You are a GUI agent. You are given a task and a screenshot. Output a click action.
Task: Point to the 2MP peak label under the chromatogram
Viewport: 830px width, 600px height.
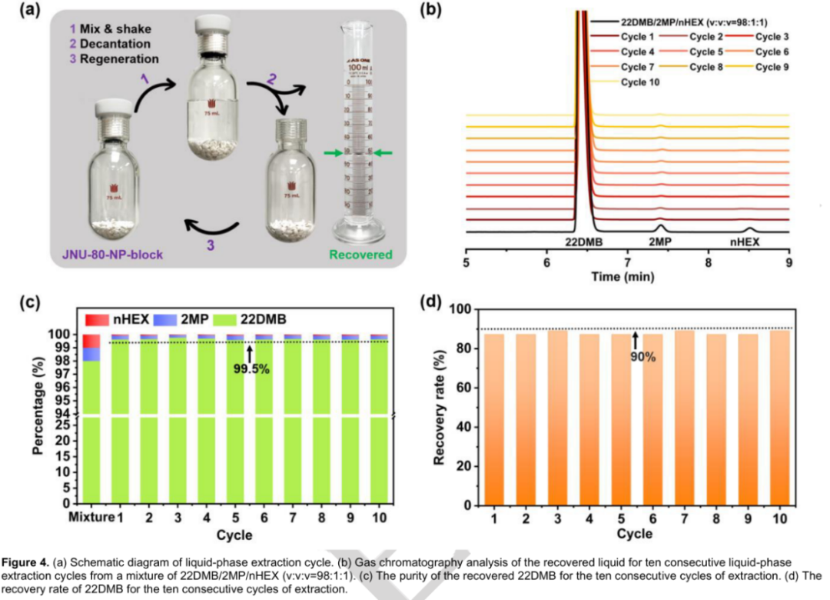(659, 242)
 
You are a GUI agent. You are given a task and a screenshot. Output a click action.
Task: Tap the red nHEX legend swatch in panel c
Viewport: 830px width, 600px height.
(92, 318)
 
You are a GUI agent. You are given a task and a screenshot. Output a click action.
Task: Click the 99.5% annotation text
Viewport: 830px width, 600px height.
(250, 368)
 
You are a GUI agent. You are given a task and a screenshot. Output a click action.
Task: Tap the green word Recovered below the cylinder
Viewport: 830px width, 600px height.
(361, 255)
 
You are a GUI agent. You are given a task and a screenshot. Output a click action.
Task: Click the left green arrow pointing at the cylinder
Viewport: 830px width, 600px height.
(331, 154)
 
